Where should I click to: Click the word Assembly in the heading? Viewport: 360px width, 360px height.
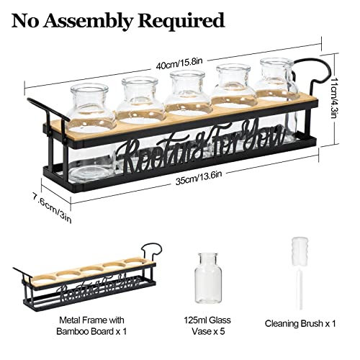87,21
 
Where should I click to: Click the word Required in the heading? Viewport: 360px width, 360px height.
181,21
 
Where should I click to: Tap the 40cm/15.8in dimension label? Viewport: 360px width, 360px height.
179,63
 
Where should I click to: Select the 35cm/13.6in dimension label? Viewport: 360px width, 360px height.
199,178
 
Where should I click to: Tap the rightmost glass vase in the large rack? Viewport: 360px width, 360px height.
276,96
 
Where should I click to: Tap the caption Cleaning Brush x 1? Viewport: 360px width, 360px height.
300,323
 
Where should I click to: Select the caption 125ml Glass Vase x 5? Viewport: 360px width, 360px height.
207,325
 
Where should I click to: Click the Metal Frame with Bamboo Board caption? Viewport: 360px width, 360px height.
91,325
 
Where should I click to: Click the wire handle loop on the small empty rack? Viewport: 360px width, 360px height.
152,251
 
